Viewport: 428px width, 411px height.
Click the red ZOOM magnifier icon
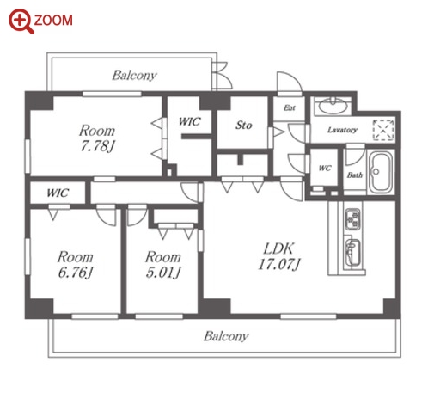(21, 21)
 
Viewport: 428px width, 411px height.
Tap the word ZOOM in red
(53, 21)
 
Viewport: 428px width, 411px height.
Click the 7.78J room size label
(97, 146)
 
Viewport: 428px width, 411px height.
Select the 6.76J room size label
(76, 273)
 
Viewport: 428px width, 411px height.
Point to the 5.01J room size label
(163, 273)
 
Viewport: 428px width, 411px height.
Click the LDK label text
(278, 248)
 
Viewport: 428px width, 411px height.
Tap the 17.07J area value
(279, 264)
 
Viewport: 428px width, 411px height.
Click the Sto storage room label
(244, 126)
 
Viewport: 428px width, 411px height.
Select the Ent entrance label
(290, 107)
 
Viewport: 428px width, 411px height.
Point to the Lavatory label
(342, 130)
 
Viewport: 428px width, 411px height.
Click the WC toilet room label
(325, 169)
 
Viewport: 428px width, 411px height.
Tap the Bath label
(355, 175)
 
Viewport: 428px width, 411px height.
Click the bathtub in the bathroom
(381, 172)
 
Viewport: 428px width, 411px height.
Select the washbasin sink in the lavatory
(333, 107)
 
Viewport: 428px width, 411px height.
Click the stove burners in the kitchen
(352, 219)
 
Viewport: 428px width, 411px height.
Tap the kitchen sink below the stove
(352, 253)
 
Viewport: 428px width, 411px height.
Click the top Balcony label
(134, 76)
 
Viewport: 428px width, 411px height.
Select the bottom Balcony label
(226, 336)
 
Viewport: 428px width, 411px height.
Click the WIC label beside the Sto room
(189, 122)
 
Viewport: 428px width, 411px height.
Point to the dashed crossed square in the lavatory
(383, 130)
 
